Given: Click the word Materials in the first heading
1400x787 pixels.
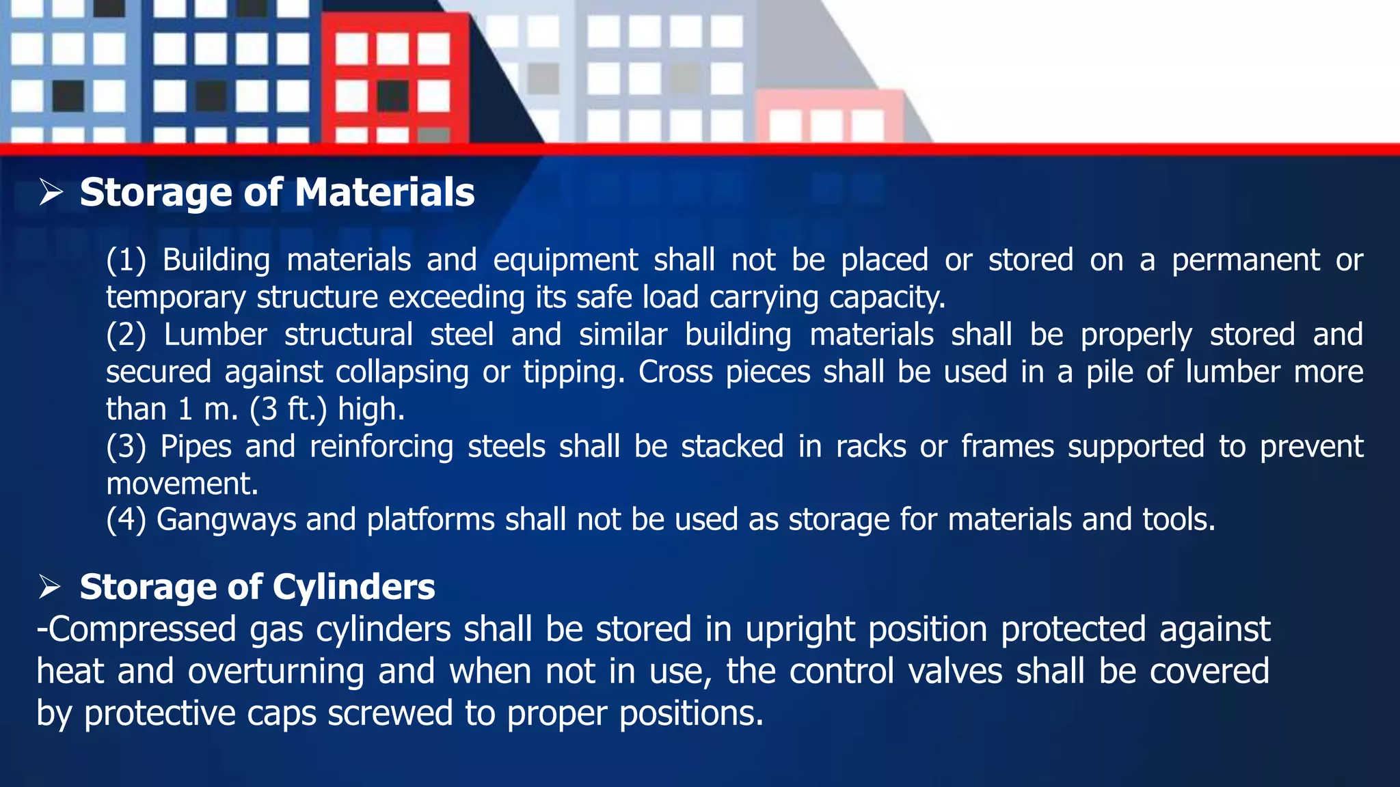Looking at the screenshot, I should [x=384, y=193].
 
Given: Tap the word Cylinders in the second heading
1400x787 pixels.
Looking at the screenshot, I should [x=353, y=588].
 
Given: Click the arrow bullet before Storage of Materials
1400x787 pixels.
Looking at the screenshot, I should [x=51, y=192].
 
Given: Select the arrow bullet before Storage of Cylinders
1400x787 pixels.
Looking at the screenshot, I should [x=50, y=587].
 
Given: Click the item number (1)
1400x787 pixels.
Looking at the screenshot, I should [x=126, y=260].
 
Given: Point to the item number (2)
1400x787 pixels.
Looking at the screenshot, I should [x=126, y=335].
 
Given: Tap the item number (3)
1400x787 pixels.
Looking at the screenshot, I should [x=126, y=447].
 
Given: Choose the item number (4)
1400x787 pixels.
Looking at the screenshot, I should [x=126, y=520].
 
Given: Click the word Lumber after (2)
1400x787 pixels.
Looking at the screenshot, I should [x=215, y=335].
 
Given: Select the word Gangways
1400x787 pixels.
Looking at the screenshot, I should [x=226, y=520].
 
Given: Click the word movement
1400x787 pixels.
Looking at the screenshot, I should [x=182, y=484].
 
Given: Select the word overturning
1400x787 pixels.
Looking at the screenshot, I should [x=275, y=672].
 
